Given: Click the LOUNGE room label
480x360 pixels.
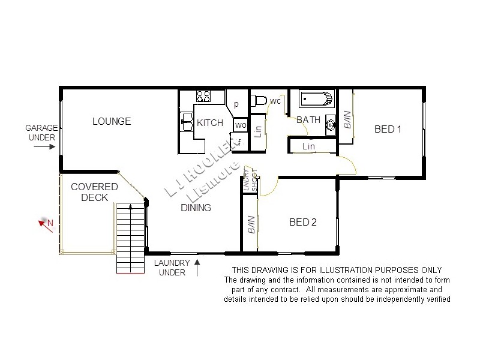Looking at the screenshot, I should coord(112,122).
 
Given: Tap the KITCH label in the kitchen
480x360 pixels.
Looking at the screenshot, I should coord(210,123).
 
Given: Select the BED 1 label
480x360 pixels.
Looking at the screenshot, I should coord(388,129).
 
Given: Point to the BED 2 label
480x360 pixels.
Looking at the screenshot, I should coord(303,222).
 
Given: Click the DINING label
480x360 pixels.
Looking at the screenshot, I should coord(196,208).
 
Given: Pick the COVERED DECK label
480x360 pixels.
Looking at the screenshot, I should coord(90,192).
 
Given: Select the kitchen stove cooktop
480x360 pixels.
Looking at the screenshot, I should coord(203,96).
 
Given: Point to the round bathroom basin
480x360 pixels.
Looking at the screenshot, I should coord(330,125).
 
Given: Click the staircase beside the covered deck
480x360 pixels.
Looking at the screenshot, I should coord(131,237).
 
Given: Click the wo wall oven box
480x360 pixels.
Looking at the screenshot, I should coord(241,125).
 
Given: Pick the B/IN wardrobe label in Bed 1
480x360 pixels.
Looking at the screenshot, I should coord(347,122).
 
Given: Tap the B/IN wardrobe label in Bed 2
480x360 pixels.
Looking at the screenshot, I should coord(251,224).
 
